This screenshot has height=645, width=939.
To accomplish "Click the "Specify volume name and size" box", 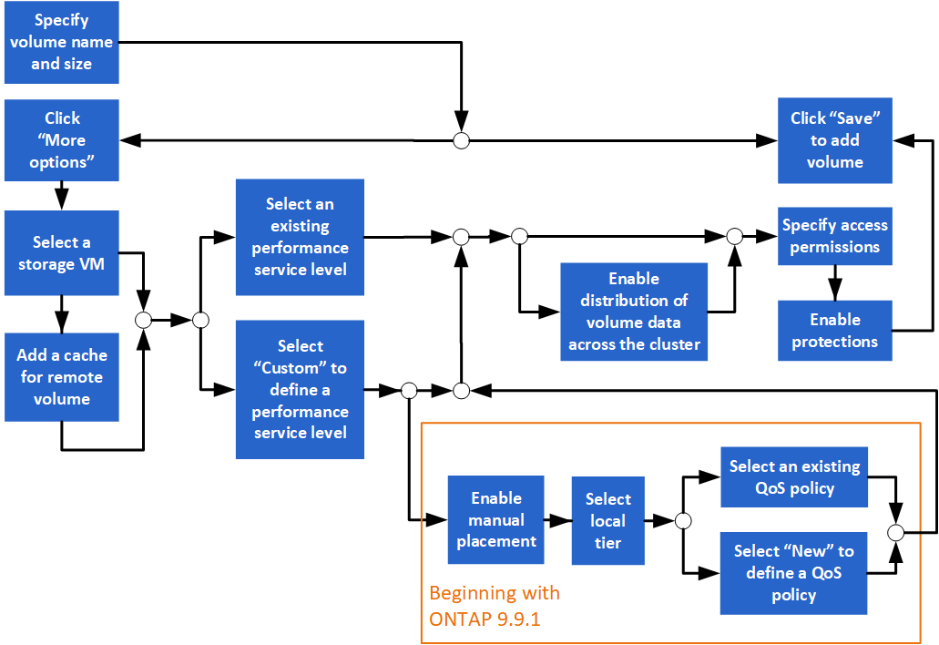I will coord(61,43).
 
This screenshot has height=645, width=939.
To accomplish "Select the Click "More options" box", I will coord(61,140).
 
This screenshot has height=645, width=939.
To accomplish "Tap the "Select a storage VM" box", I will coord(61,253).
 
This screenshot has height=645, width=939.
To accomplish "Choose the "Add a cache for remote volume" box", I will coord(61,377).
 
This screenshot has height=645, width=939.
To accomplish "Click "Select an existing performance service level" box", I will coord(300,237).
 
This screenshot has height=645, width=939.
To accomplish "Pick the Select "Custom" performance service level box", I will coord(300,389).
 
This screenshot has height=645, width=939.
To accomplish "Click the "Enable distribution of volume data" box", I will coord(634,312).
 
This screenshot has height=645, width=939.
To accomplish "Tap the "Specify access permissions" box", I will coord(834,236).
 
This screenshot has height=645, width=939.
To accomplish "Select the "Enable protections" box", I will coord(834,331).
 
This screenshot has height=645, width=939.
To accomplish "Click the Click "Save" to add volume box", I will coord(834,140).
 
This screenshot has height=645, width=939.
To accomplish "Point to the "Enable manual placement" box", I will coord(495,520).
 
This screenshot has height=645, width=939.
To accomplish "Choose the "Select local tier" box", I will coord(607,521).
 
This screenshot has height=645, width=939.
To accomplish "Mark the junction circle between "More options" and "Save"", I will coord(462,140).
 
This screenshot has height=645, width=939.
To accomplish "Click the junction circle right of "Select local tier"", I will coord(682,521).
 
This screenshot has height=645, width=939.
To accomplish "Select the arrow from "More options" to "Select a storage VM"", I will coord(61,194).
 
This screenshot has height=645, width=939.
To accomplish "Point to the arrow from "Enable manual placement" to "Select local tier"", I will coord(557,521).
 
